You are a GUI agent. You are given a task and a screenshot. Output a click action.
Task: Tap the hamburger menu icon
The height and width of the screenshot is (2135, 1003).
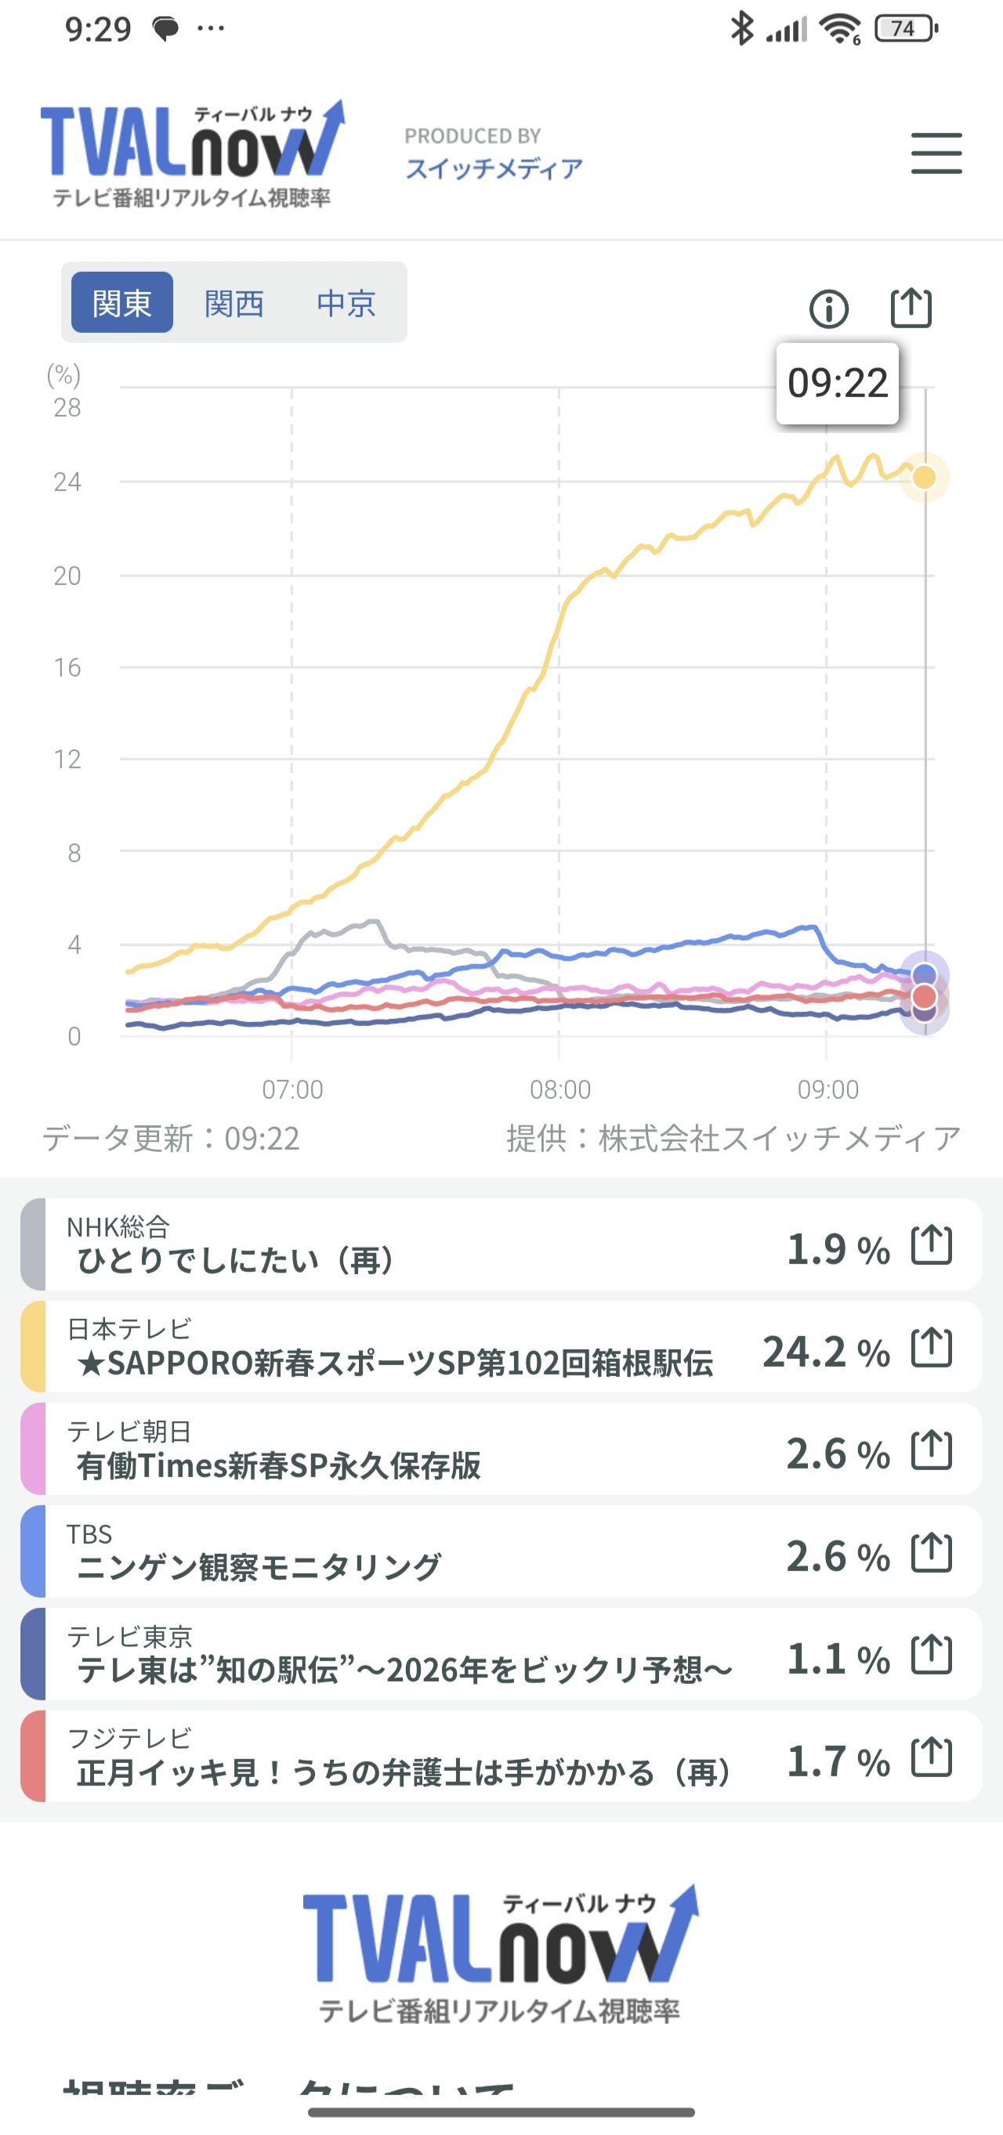(936, 154)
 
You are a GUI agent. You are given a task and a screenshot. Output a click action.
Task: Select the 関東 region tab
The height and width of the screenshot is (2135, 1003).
(122, 302)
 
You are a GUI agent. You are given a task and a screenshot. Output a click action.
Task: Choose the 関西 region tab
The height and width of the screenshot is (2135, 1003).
(234, 302)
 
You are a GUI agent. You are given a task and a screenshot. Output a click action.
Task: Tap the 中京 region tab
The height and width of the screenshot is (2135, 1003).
(346, 302)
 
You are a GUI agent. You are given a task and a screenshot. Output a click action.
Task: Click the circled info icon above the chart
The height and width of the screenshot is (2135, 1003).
(828, 309)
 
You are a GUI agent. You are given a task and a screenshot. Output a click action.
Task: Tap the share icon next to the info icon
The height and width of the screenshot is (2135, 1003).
(911, 309)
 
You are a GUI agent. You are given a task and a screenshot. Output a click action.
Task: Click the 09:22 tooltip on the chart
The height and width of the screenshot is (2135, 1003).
(837, 383)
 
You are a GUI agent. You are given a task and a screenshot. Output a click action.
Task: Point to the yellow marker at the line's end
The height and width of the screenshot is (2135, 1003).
(925, 478)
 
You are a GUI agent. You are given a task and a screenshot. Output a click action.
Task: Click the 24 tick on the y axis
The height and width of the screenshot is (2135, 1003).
(67, 482)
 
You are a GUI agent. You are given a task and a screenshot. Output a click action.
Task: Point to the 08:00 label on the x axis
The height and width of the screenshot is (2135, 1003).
(560, 1089)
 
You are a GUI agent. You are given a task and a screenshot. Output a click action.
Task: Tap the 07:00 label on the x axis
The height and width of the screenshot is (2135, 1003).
(292, 1089)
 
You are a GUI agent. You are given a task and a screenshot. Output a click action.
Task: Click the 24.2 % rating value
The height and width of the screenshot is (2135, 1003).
(826, 1351)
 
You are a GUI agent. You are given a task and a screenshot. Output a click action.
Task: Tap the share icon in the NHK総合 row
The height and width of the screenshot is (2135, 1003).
(932, 1245)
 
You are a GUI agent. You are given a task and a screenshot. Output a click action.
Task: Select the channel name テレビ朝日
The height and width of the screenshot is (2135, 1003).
(129, 1431)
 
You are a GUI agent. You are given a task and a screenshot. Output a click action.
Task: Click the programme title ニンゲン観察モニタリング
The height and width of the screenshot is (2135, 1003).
(259, 1567)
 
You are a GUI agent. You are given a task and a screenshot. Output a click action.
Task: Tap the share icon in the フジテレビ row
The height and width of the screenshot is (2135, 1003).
(932, 1757)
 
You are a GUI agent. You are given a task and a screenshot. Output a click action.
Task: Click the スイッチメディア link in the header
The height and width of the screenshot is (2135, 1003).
(494, 169)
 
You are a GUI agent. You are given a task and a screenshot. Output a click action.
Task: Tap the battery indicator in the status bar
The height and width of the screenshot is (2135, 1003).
(906, 29)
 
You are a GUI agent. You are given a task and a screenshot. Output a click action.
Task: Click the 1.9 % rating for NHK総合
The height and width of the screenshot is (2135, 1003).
(837, 1248)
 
